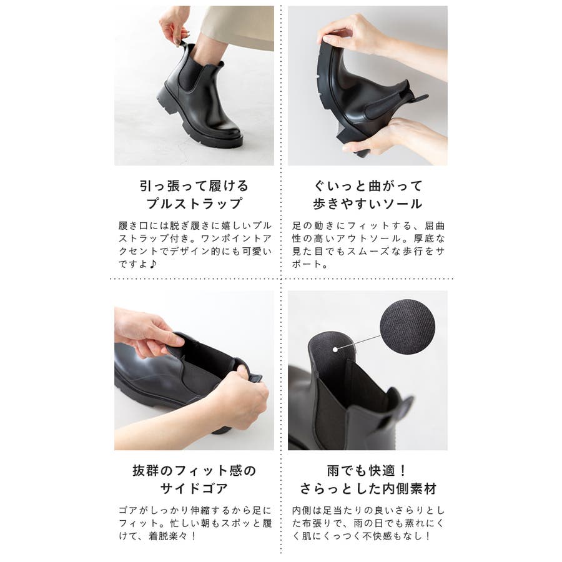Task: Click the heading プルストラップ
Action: [194, 204]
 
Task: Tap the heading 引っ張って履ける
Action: [194, 186]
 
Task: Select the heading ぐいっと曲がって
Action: [368, 186]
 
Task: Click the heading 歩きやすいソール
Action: [368, 204]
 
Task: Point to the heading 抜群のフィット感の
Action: [194, 470]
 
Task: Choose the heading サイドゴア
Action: [194, 488]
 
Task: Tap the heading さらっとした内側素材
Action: [368, 488]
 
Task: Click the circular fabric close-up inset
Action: [407, 327]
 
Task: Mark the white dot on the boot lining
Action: [335, 350]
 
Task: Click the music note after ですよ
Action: [153, 264]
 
